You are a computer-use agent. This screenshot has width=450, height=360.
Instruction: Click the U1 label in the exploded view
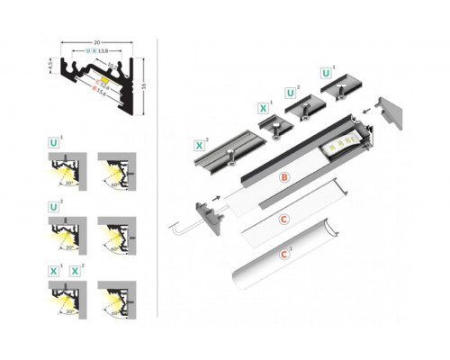[324, 71]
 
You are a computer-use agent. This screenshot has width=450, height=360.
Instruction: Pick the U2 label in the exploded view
[290, 92]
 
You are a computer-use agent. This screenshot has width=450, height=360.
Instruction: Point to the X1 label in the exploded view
[262, 109]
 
